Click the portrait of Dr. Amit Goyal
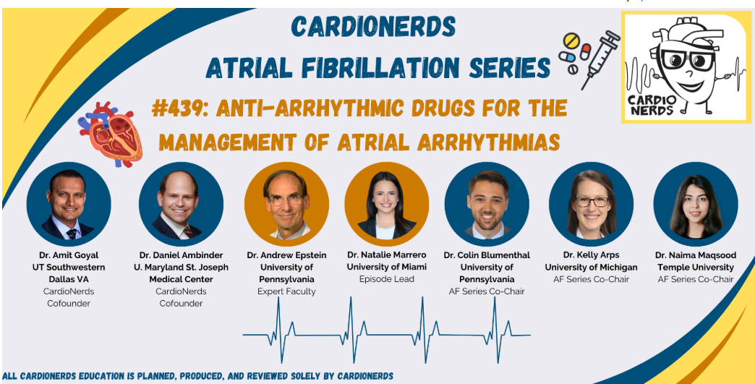pyautogui.click(x=69, y=205)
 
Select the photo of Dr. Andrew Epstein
pyautogui.click(x=287, y=205)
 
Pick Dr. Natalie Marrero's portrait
pyautogui.click(x=387, y=205)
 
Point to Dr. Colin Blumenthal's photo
pyautogui.click(x=487, y=205)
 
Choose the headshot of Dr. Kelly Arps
pyautogui.click(x=591, y=205)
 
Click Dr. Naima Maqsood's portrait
pyautogui.click(x=695, y=205)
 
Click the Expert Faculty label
pyautogui.click(x=287, y=291)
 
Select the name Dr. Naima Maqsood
pyautogui.click(x=694, y=255)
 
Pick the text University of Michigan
pyautogui.click(x=591, y=268)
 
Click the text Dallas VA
pyautogui.click(x=69, y=279)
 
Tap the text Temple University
pyautogui.click(x=694, y=268)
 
